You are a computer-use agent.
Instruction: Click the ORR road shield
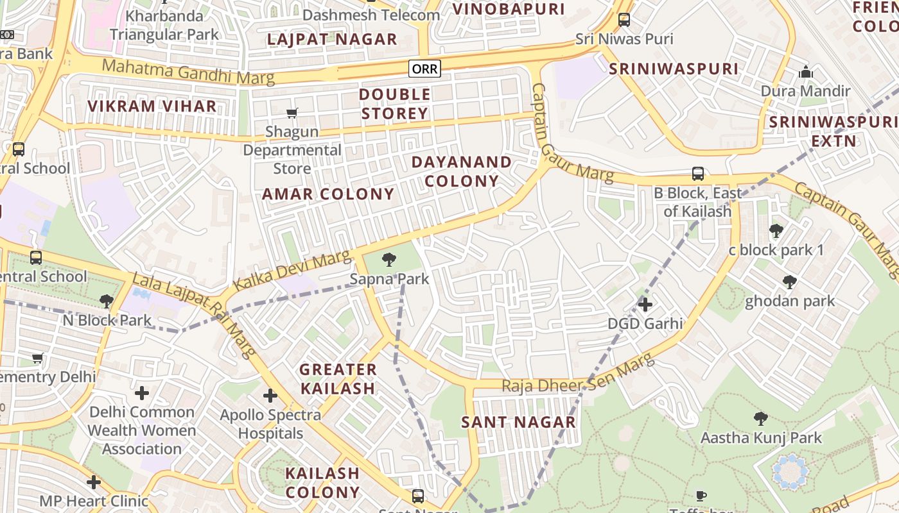coord(425,69)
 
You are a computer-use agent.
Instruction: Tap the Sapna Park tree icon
coord(388,260)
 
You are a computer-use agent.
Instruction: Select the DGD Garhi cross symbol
coord(645,305)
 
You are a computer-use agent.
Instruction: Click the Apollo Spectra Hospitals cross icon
coord(270,396)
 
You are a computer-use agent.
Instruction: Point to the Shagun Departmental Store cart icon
coord(292,114)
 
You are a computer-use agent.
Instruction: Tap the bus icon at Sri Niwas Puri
coord(624,20)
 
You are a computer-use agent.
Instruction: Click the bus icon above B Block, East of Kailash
coord(698,174)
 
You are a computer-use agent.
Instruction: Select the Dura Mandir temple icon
coord(806,72)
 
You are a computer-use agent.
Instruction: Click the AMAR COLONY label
coord(328,194)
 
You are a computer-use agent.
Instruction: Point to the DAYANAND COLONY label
coord(462,171)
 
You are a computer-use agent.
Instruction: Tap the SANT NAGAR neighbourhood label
coord(519,422)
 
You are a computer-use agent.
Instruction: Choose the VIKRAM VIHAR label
coord(152,106)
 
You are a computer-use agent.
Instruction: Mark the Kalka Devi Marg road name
coord(293,271)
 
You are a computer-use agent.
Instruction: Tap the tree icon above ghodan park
coord(790,282)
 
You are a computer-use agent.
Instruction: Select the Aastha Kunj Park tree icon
coord(761,419)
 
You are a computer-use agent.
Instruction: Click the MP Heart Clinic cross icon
coord(94,482)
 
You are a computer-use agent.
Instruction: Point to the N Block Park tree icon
coord(107,301)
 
